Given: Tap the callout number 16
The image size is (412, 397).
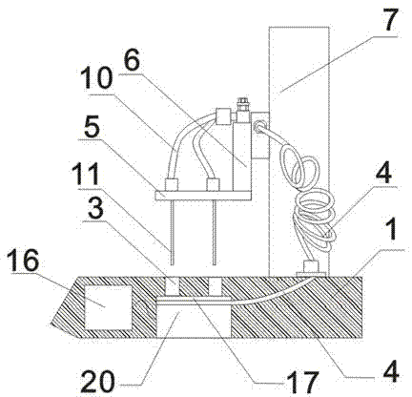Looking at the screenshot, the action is coord(25,261).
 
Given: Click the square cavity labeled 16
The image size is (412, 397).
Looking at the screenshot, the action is coord(108,307).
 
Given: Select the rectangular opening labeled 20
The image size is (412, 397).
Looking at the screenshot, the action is coord(194,320).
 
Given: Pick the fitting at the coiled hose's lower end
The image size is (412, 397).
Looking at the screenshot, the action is coord(311,268).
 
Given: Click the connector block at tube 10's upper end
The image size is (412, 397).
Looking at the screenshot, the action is coord(222,117).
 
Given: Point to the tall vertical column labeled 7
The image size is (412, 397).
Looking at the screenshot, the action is coord(299,151).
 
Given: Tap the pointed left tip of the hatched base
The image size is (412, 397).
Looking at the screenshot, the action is coord(51,324).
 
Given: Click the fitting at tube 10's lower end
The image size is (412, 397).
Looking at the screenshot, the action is coord(172,185).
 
